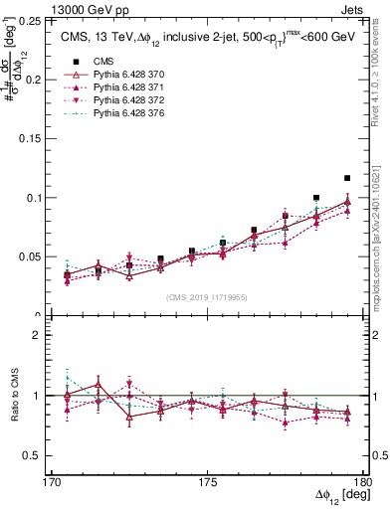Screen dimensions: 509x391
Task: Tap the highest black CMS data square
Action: tap(347, 178)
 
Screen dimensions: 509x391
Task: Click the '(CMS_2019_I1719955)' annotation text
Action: tap(208, 297)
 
